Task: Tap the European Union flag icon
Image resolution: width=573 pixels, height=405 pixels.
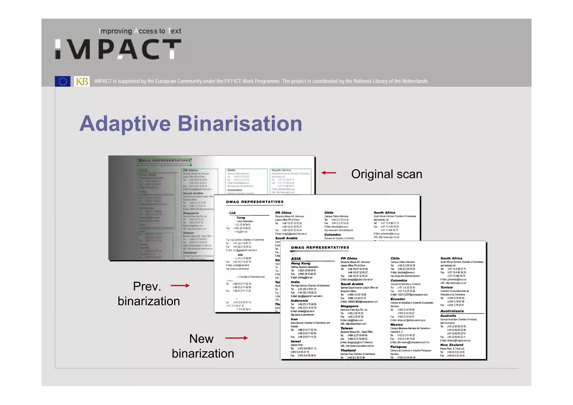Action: pos(63,81)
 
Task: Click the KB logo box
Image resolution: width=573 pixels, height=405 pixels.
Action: pos(82,81)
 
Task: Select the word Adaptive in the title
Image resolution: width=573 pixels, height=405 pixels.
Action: pos(125,124)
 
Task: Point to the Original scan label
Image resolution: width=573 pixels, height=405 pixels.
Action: pos(386,174)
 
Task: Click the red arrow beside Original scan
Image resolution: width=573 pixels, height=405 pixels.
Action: pos(328,173)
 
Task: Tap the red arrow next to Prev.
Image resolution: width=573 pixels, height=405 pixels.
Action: pos(180,286)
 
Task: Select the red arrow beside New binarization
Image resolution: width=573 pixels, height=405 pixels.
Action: pos(236,338)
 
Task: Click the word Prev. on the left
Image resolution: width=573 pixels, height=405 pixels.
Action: pos(147,286)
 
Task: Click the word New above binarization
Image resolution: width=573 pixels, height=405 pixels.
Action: pos(201,339)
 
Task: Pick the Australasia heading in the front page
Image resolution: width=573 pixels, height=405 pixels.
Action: pos(452,311)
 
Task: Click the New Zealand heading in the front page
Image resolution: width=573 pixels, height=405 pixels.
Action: pos(452,345)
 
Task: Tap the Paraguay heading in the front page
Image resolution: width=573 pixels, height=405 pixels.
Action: pos(398,347)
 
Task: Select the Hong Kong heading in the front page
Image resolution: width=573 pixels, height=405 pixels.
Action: pos(300,263)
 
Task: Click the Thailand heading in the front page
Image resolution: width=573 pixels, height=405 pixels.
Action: pos(348,350)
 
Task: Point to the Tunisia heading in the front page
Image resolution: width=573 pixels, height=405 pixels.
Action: pos(446,287)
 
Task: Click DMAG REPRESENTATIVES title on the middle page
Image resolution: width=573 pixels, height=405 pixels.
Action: pos(255,202)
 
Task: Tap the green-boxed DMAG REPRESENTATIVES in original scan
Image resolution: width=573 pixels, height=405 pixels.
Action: pos(165,161)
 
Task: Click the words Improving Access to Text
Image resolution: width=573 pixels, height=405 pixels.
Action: pos(140,31)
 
